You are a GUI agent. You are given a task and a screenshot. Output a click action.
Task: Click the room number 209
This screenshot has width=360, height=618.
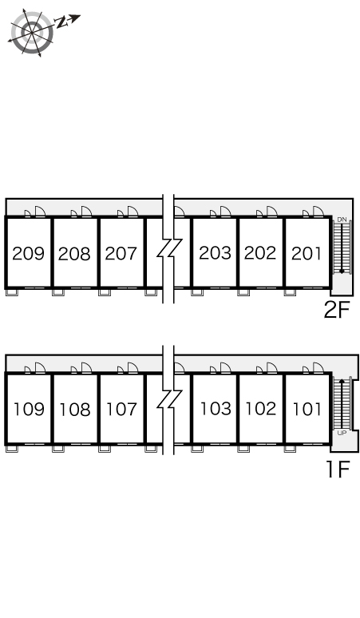point(29,253)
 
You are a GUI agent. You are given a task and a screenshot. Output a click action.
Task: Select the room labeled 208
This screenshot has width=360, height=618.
point(74,254)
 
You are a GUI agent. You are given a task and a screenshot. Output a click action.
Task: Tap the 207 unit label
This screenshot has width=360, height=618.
point(121,253)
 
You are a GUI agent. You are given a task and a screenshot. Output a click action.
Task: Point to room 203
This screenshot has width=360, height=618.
point(215,252)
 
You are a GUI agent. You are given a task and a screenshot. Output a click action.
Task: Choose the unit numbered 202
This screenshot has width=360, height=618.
point(260,252)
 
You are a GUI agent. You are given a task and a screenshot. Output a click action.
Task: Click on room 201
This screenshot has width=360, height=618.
point(307,253)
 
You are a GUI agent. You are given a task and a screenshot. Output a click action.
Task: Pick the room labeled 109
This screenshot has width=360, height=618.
point(30,409)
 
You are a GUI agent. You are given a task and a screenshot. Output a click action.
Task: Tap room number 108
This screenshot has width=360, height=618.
point(75,410)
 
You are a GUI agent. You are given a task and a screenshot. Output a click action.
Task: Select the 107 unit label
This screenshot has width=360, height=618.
point(121,409)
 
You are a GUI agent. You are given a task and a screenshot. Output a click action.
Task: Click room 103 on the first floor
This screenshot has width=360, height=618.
point(216,408)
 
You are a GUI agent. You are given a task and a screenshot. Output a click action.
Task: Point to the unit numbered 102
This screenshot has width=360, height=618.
point(261,408)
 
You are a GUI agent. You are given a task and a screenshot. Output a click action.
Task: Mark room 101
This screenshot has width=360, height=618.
point(307,409)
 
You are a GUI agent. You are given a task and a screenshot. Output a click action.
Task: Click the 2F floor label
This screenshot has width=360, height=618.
point(337,309)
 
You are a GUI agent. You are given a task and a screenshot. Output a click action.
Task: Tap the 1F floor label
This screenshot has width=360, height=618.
point(338,469)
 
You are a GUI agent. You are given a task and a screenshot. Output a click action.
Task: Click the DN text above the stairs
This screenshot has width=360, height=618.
point(342,219)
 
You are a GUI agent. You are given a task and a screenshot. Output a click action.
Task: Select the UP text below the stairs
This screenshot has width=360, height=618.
point(342,433)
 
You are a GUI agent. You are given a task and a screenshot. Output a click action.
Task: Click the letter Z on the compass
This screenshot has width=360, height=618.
point(61,22)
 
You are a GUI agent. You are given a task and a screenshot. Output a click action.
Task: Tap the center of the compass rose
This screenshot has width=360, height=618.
point(31,32)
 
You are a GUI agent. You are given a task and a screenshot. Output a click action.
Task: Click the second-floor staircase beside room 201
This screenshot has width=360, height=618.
point(342,248)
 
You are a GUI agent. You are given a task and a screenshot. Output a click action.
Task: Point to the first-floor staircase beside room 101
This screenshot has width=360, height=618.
point(342,403)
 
